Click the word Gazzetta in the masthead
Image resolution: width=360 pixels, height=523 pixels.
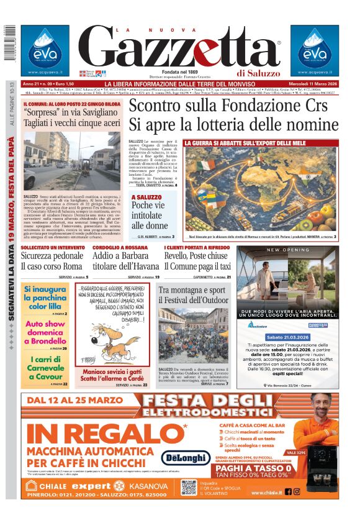click(179, 48)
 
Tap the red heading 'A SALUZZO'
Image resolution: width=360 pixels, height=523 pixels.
click(146, 198)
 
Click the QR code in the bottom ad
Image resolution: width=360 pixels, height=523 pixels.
click(189, 487)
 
